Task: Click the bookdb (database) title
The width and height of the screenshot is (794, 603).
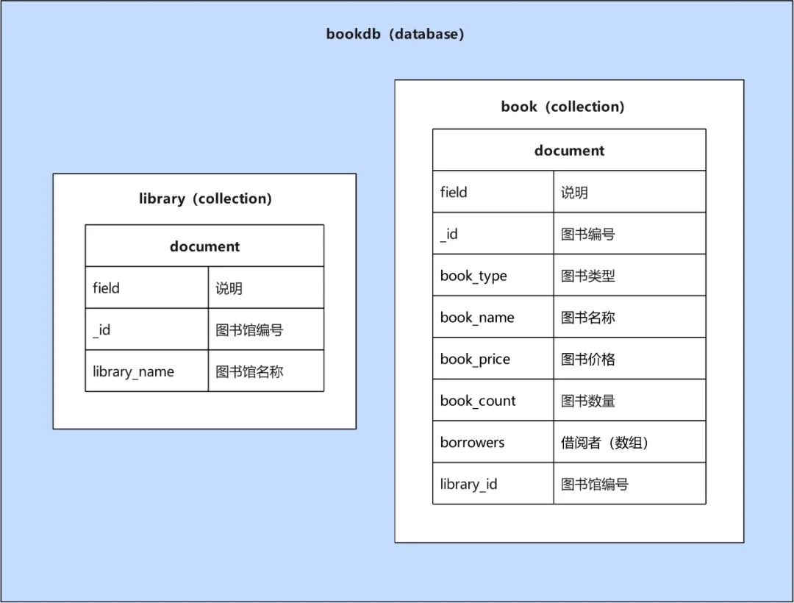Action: point(395,35)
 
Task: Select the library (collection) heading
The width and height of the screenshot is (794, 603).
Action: point(205,199)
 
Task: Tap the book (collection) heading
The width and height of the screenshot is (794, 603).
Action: point(562,107)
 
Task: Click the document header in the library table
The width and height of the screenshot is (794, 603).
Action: point(204,246)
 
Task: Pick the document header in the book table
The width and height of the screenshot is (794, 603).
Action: point(569,151)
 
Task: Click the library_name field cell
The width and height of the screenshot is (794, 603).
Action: point(133,371)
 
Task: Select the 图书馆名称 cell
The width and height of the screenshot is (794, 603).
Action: point(249,371)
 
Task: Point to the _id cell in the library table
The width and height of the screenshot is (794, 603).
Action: point(101,330)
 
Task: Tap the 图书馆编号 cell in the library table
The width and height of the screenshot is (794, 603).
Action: point(249,330)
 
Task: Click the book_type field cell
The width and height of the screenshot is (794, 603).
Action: point(473,276)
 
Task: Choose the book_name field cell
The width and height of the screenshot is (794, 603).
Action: point(477,318)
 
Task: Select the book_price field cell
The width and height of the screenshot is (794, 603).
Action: point(475,360)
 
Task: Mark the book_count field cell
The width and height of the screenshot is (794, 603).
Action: point(478,401)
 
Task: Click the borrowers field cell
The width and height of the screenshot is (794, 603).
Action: point(472,443)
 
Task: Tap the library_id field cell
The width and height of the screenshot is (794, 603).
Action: point(468,484)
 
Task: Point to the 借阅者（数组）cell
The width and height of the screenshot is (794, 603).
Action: point(604,443)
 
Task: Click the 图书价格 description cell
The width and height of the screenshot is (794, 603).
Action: point(588,360)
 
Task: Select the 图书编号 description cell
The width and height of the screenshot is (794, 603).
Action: point(588,235)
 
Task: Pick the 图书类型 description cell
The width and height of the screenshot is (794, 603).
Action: point(588,276)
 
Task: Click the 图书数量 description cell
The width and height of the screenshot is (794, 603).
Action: point(588,401)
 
